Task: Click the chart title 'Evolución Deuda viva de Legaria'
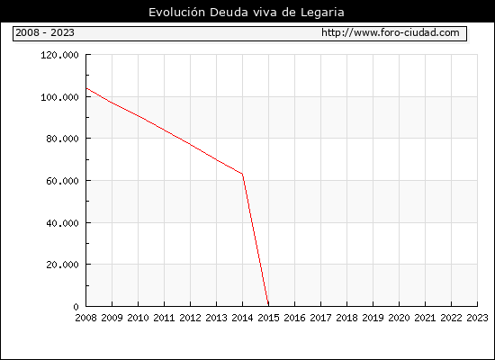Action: click(247, 13)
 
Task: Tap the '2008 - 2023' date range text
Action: click(45, 32)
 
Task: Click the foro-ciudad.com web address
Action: click(391, 32)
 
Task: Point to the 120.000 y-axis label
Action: click(59, 55)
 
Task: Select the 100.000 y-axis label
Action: click(59, 97)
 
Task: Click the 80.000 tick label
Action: click(62, 139)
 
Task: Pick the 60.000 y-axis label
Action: click(62, 181)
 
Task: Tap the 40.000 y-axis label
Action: click(62, 223)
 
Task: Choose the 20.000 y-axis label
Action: click(62, 265)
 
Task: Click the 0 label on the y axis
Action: click(76, 307)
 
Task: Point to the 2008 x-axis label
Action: click(85, 318)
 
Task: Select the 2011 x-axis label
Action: click(164, 318)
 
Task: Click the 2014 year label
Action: click(242, 318)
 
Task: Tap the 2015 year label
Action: click(269, 318)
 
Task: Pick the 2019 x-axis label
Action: click(373, 318)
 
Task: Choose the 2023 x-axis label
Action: click(477, 318)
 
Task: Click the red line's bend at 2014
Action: click(242, 174)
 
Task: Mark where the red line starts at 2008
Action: click(86, 88)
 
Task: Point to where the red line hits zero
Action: click(268, 306)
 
